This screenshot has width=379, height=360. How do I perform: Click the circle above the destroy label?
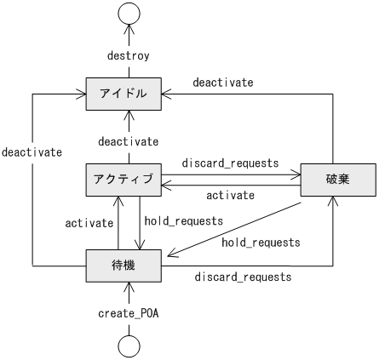point(129,14)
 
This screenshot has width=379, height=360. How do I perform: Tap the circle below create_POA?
point(129,345)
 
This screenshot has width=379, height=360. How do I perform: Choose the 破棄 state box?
point(338,179)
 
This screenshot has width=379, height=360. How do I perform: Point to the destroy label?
point(129,56)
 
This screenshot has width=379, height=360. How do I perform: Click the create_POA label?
point(129,312)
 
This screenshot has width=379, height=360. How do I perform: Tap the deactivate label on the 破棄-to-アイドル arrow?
point(222,83)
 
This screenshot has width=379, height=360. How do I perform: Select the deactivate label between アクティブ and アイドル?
point(129,140)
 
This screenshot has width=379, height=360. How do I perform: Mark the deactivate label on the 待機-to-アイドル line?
point(32,152)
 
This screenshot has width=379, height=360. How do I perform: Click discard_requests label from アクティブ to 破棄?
point(230,162)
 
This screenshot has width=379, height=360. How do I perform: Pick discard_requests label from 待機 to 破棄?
point(243,277)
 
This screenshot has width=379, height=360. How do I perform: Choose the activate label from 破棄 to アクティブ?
point(230,195)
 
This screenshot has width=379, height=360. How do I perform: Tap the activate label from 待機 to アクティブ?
point(89,223)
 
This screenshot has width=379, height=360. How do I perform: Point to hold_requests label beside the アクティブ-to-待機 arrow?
point(183,220)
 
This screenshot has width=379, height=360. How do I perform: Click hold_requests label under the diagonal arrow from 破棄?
point(261,243)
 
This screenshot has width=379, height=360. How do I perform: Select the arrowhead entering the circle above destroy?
point(129,29)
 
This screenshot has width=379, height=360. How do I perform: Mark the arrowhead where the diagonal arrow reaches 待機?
point(170,253)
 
